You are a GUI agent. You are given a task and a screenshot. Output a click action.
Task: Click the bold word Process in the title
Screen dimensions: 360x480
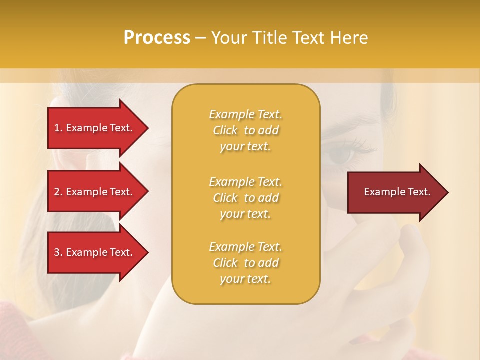[x=157, y=38]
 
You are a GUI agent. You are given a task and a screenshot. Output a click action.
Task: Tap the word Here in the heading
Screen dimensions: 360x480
[x=349, y=38]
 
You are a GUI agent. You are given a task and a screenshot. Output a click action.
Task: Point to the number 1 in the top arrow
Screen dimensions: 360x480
[x=57, y=128]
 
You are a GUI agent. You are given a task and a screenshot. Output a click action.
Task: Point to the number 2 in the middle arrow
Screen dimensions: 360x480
[x=57, y=192]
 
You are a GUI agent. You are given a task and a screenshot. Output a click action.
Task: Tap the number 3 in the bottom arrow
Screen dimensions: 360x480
[x=57, y=252]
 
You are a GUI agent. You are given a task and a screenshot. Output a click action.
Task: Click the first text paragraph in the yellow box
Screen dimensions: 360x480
[x=245, y=130]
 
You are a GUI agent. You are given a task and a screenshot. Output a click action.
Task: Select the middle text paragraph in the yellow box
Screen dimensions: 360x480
[x=245, y=198]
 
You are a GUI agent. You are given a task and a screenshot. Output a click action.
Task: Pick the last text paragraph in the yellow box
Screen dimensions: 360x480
[x=245, y=263]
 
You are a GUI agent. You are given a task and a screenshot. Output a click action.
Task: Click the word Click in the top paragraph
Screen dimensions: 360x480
[x=225, y=130]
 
